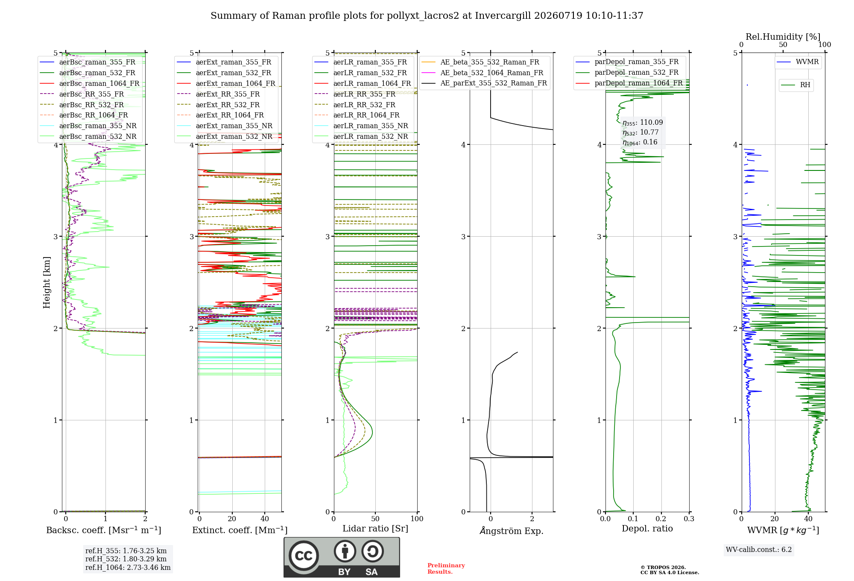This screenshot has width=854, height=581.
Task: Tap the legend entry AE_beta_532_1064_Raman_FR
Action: pyautogui.click(x=483, y=73)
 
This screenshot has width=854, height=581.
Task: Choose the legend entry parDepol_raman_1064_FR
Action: pyautogui.click(x=629, y=83)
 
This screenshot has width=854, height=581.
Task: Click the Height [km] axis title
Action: pyautogui.click(x=47, y=282)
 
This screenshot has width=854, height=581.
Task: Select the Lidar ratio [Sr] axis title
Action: pyautogui.click(x=375, y=528)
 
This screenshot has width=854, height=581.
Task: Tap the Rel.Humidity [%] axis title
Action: pyautogui.click(x=783, y=37)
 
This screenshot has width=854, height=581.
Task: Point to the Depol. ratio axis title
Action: pyautogui.click(x=647, y=528)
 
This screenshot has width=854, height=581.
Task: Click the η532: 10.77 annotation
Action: pyautogui.click(x=640, y=132)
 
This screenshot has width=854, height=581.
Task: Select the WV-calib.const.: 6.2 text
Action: pyautogui.click(x=759, y=550)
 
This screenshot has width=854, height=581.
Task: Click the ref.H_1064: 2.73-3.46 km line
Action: pyautogui.click(x=128, y=568)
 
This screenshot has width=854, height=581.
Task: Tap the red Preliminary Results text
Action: pyautogui.click(x=446, y=569)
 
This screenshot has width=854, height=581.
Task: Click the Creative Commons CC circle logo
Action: pyautogui.click(x=304, y=556)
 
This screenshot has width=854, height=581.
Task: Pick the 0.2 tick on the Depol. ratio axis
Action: pyautogui.click(x=661, y=519)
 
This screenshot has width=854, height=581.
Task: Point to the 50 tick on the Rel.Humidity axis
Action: pyautogui.click(x=783, y=44)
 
